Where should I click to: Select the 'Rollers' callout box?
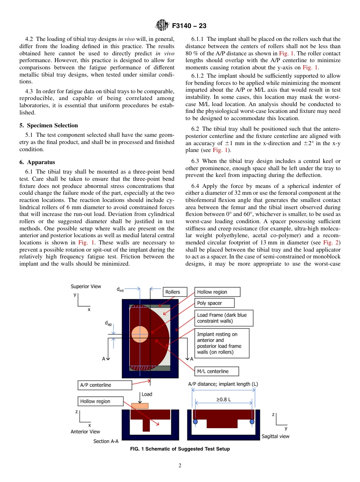[x=172, y=292]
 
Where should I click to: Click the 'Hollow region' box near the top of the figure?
[x=218, y=292]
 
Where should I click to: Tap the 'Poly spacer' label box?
[x=214, y=303]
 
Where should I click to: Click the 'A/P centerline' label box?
[x=105, y=385]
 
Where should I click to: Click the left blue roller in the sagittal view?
[x=195, y=421]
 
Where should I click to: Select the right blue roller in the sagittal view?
[x=252, y=421]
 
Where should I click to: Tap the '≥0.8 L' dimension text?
[x=224, y=399]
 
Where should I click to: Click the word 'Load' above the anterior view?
[x=147, y=394]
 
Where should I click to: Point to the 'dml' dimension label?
[x=120, y=290]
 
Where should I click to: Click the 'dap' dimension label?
[x=108, y=324]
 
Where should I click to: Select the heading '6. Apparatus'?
[x=37, y=162]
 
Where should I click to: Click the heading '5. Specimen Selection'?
[x=49, y=125]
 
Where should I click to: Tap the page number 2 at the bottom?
[x=180, y=466]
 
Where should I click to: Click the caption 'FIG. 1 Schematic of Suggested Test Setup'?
[x=180, y=449]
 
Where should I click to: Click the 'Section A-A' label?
[x=106, y=441]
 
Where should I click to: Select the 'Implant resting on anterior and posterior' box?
[x=222, y=343]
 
